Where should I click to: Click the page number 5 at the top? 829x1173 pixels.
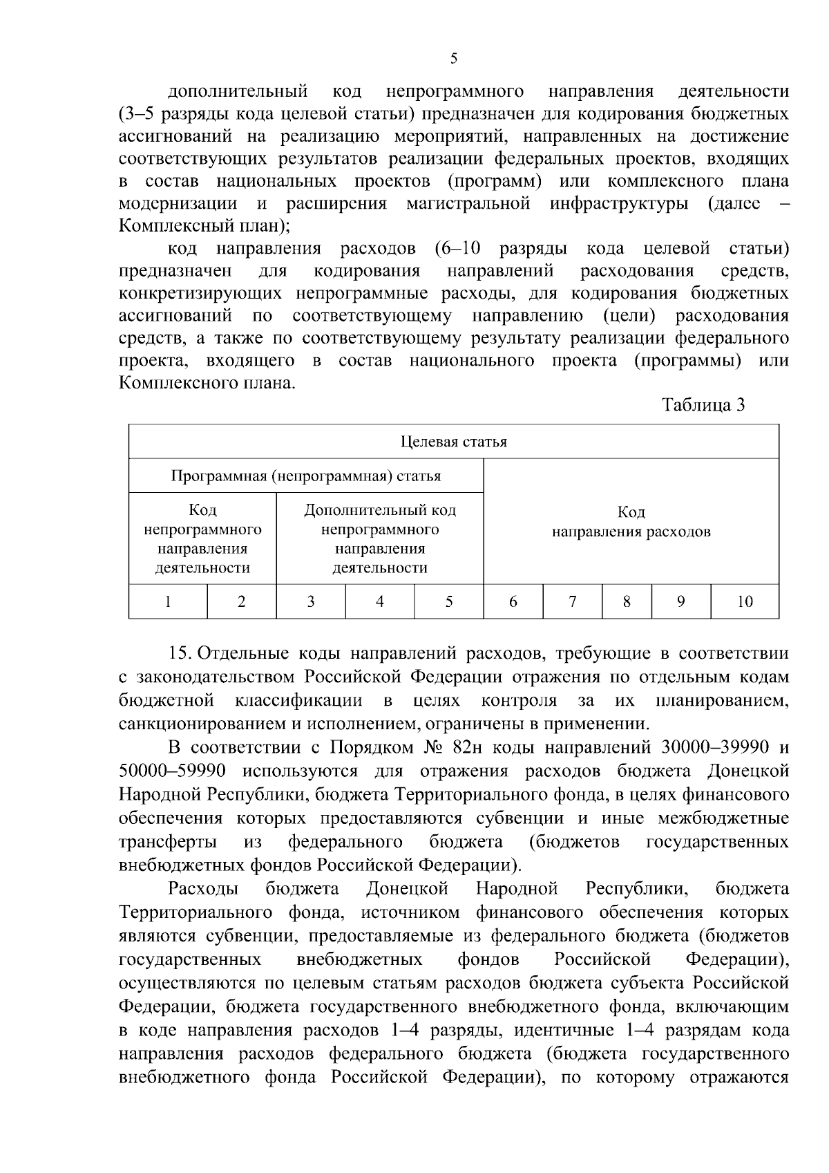pyautogui.click(x=454, y=58)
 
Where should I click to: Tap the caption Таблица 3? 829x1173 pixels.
pyautogui.click(x=703, y=405)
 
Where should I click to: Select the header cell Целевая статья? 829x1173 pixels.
pyautogui.click(x=454, y=442)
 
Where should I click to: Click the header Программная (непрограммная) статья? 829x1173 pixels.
pyautogui.click(x=306, y=476)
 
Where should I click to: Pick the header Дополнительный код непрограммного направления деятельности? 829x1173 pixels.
pyautogui.click(x=380, y=539)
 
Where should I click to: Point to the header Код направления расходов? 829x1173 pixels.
pyautogui.click(x=631, y=523)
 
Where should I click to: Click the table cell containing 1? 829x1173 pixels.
pyautogui.click(x=168, y=601)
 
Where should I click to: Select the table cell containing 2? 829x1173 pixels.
pyautogui.click(x=242, y=601)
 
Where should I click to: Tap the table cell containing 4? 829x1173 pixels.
pyautogui.click(x=379, y=601)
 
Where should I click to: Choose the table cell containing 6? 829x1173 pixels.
pyautogui.click(x=513, y=601)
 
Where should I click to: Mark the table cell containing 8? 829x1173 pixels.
pyautogui.click(x=627, y=601)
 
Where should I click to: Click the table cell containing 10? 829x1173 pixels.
pyautogui.click(x=744, y=601)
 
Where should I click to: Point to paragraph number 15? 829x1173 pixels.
pyautogui.click(x=180, y=653)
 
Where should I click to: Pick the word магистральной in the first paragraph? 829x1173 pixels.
pyautogui.click(x=468, y=204)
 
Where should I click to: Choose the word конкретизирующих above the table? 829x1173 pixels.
pyautogui.click(x=201, y=294)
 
